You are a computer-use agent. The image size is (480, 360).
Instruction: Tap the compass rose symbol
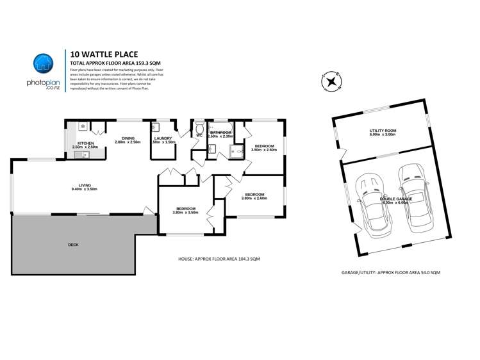coord(332,81)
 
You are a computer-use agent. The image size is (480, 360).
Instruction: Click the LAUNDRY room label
coord(163,140)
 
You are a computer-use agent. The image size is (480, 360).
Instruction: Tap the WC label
coord(199,135)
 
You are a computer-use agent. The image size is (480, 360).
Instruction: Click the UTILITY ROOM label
coord(383,132)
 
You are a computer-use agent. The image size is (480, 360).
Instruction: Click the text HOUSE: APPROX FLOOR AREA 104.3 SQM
coord(219,259)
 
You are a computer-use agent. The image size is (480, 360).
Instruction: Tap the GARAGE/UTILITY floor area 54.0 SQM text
coord(391,272)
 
